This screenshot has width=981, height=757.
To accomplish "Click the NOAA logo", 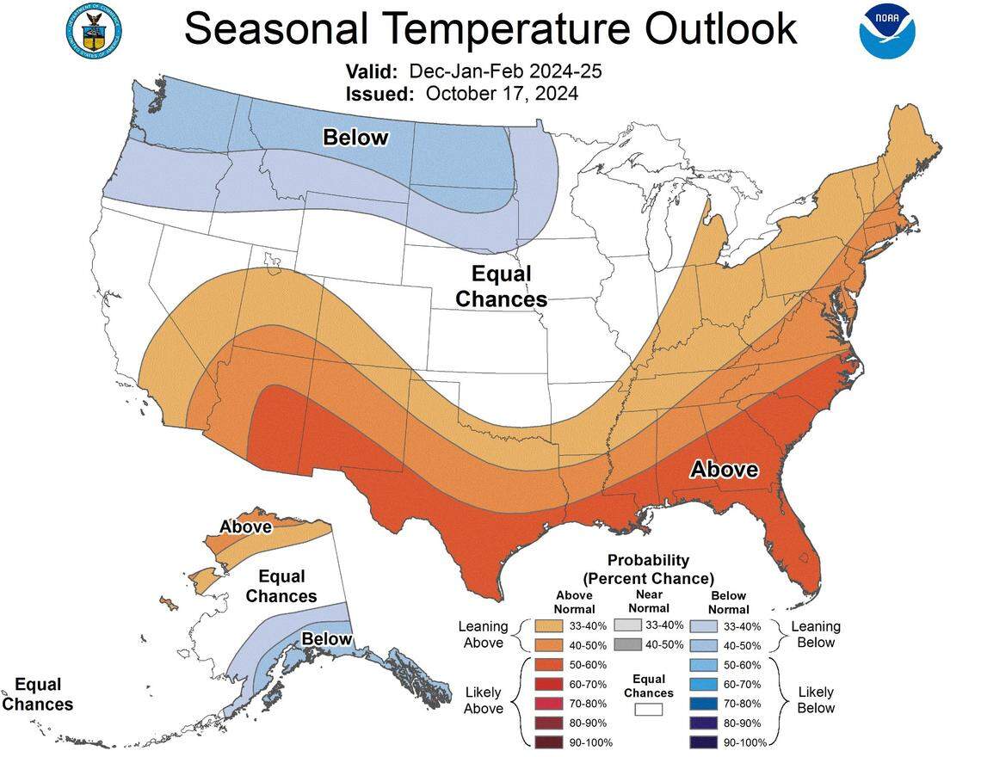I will (886, 31).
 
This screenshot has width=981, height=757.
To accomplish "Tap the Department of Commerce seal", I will (94, 30).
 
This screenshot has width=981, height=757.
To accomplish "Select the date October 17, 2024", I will (502, 93).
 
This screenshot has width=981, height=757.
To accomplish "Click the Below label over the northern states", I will (355, 137).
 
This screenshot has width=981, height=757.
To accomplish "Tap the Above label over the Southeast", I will (725, 469).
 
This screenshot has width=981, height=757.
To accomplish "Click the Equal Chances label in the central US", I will (502, 286).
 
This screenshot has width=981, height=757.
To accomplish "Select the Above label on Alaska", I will (245, 526).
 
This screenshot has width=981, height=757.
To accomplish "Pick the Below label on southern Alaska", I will (326, 638).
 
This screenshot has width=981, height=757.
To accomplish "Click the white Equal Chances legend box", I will (649, 710).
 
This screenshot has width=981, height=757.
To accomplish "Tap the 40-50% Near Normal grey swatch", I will (628, 644).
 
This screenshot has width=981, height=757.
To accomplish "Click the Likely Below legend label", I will (816, 700).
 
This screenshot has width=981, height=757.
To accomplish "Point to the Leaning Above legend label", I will (484, 635).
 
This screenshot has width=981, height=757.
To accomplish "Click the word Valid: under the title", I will (372, 71).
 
